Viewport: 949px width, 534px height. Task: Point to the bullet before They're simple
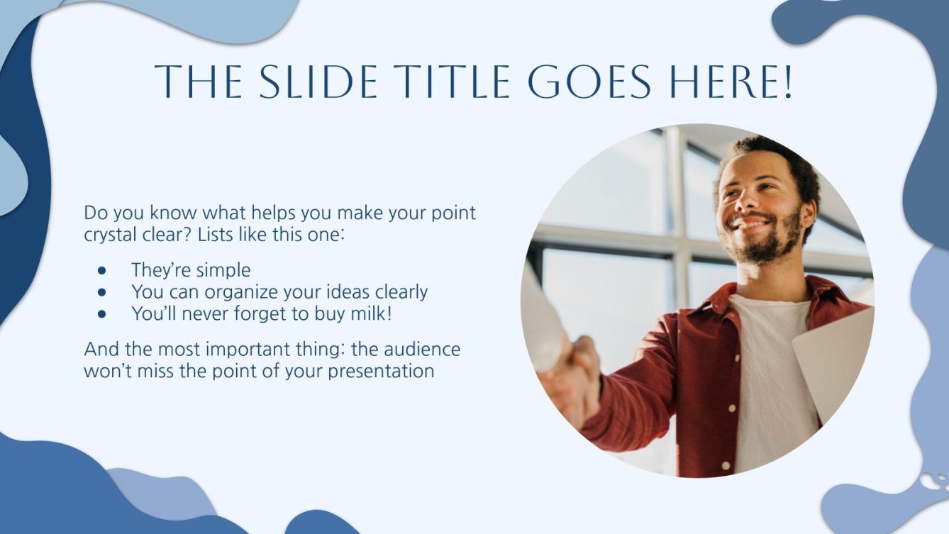[x=102, y=271]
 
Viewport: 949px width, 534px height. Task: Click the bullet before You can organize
[x=102, y=291]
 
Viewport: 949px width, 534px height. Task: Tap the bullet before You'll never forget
[x=102, y=313]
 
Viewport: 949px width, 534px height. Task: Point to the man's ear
[x=806, y=213]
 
